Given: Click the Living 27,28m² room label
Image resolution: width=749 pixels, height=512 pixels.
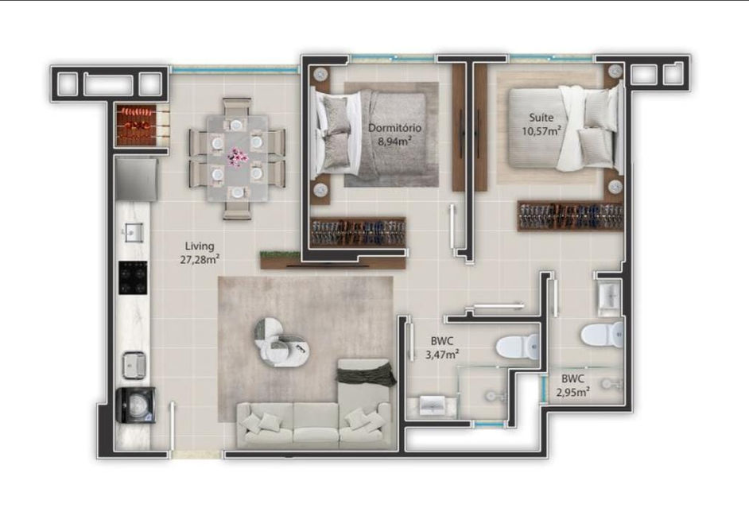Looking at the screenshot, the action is click(200, 253).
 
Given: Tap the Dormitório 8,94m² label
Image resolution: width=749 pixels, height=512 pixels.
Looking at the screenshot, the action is click(394, 134).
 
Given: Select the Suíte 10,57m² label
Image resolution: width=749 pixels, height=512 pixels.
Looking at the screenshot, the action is click(541, 124).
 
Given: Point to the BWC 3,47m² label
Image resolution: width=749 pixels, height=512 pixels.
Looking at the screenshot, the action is click(442, 347).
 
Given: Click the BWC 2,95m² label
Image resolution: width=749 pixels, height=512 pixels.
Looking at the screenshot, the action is click(572, 386).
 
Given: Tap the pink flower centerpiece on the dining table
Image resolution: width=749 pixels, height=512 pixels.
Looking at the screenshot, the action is click(235, 156).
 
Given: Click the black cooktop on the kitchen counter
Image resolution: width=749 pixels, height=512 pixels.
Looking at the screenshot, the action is click(133, 277).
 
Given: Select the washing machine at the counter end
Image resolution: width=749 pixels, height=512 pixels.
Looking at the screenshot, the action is click(136, 405).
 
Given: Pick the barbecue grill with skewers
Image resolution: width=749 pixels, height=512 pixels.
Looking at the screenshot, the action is click(136, 125).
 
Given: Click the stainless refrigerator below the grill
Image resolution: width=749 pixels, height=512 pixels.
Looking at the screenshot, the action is click(136, 180).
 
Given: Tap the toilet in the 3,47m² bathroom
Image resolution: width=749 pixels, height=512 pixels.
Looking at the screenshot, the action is click(518, 347).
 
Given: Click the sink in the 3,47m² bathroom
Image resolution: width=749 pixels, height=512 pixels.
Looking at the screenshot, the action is click(433, 405).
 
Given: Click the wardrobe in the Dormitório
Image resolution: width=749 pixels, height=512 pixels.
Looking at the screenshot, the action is click(358, 232).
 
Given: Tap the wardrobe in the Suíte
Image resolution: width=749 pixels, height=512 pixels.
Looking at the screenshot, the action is click(571, 216).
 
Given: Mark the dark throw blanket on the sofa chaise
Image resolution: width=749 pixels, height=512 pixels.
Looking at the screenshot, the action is click(367, 373).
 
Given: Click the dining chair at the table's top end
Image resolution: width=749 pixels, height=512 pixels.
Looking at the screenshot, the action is click(237, 109).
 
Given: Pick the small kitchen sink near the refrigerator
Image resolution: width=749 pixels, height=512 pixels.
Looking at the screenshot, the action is click(132, 232).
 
